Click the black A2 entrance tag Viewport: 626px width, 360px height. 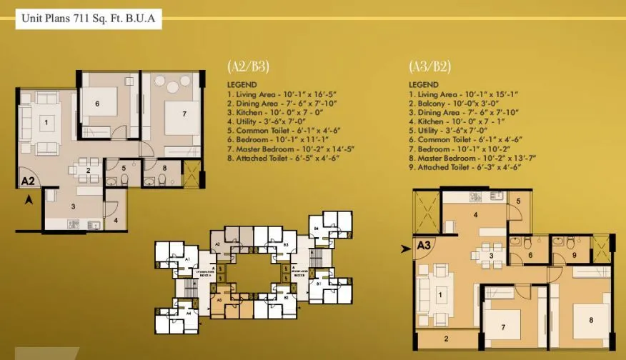(28, 181)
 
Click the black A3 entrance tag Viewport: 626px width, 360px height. (424, 247)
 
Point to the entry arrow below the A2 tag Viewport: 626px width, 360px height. (29, 201)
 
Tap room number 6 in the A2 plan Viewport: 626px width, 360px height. (96, 103)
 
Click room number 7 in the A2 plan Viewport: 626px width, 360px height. (184, 113)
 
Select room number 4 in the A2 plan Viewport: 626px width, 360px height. (116, 220)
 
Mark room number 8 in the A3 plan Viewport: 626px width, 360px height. (591, 319)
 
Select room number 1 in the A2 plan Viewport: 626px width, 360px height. (46, 123)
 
